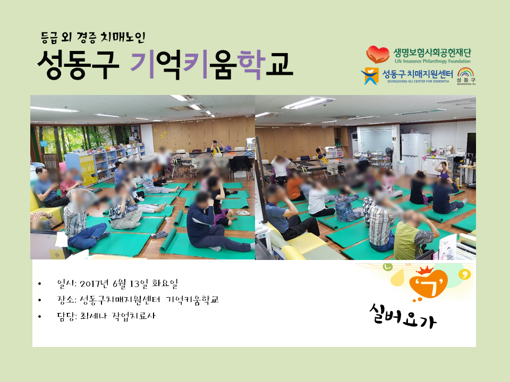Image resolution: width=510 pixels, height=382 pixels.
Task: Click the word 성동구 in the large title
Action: (x=78, y=64)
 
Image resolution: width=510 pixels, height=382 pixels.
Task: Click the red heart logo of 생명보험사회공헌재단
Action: (x=378, y=54)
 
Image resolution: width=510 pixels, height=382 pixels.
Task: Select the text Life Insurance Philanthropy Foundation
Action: (x=432, y=61)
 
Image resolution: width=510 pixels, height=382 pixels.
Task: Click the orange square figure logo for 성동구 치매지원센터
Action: (x=370, y=76)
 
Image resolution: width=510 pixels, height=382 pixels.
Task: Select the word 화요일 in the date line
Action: (x=165, y=283)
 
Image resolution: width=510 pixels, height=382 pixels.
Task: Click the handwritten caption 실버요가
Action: (x=403, y=316)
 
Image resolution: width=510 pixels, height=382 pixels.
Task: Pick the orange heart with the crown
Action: (x=427, y=282)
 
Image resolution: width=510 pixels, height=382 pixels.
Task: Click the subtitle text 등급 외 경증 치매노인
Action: (x=93, y=38)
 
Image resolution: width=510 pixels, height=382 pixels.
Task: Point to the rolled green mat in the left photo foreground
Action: (x=168, y=240)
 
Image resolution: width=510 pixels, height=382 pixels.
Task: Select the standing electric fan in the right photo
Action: (x=388, y=156)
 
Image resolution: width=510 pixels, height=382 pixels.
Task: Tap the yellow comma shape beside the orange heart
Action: (x=464, y=275)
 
